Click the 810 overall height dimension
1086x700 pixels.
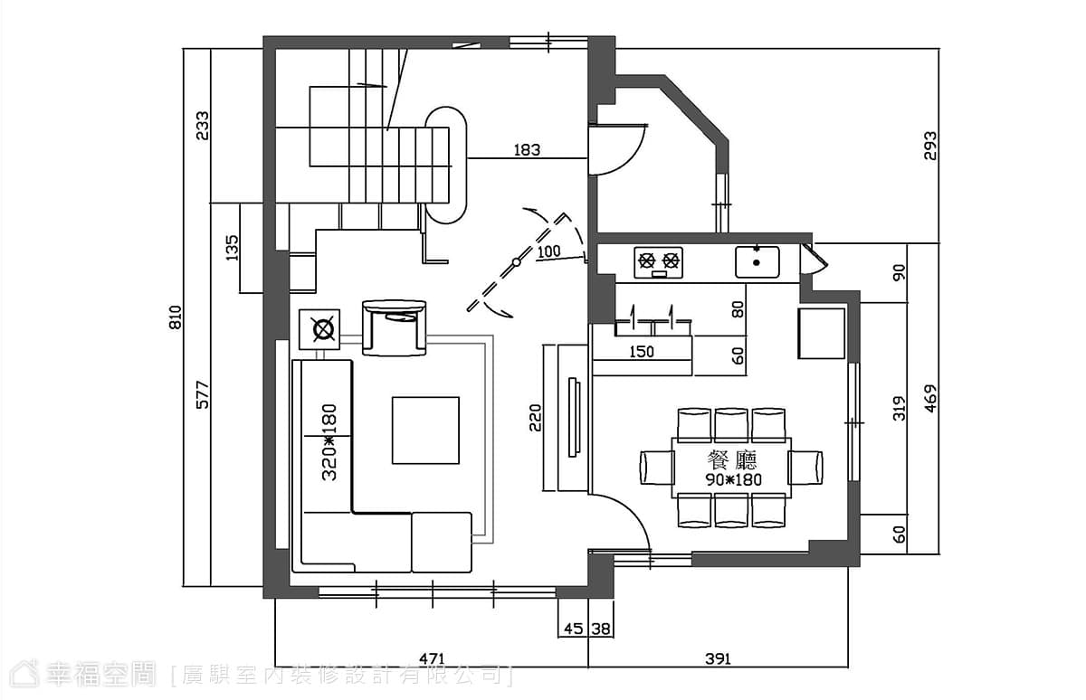tap(175, 317)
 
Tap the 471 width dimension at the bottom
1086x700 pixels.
tap(432, 658)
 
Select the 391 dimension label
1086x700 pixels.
tap(718, 658)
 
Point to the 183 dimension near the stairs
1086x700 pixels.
tap(527, 150)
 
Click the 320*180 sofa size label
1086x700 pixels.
tap(329, 442)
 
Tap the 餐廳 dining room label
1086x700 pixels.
tap(732, 460)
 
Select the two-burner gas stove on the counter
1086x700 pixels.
tap(659, 262)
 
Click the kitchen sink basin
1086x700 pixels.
tap(757, 262)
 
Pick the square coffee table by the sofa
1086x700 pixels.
tap(425, 430)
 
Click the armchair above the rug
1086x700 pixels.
tap(395, 327)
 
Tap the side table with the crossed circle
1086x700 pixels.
tap(319, 329)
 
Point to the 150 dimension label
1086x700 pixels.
tap(642, 352)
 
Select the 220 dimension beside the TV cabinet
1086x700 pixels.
tap(535, 418)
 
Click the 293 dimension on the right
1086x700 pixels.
tap(930, 146)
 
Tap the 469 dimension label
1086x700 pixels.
tap(930, 399)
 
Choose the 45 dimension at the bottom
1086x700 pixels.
tap(574, 629)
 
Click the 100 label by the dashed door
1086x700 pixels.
tap(548, 251)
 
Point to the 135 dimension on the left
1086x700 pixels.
tap(233, 248)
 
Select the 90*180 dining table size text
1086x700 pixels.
tap(733, 479)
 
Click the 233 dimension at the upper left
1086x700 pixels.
tap(202, 126)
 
